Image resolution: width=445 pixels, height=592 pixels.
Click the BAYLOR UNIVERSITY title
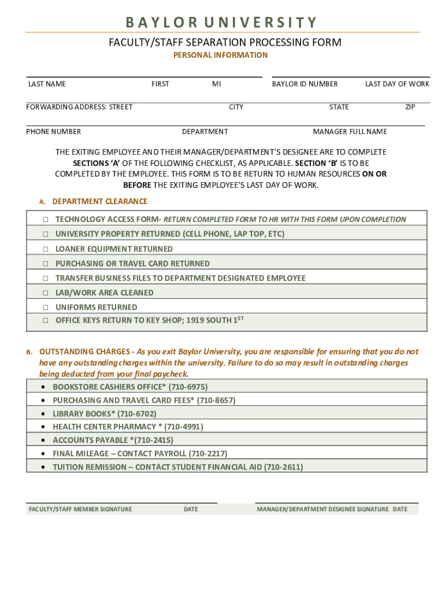tap(222, 23)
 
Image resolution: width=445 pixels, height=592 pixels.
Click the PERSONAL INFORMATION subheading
tap(221, 55)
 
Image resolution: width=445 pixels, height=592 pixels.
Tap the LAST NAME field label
tap(47, 84)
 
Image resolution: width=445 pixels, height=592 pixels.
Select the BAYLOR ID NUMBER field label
tap(305, 84)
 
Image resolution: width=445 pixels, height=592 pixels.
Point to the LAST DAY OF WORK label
tap(397, 84)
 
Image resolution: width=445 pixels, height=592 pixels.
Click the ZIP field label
tap(410, 107)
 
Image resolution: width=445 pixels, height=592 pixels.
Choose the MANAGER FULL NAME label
tap(350, 131)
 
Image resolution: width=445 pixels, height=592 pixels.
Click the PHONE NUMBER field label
tap(54, 131)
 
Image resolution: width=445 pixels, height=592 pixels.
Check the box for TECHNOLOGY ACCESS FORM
tap(44, 220)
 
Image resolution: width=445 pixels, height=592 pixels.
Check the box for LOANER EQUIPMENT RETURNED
tap(44, 249)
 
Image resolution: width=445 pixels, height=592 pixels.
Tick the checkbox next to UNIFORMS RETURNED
tap(44, 308)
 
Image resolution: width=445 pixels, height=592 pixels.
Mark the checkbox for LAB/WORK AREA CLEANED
tap(44, 293)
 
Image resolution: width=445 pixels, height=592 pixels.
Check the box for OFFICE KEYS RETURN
tap(44, 320)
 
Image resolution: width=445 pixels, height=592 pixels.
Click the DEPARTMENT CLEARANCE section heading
tap(99, 201)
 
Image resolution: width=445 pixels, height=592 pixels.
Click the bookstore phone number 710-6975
tap(187, 387)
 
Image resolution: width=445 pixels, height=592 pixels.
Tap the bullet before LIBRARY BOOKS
tap(44, 414)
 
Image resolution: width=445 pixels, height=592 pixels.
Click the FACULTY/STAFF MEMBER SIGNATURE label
tap(80, 509)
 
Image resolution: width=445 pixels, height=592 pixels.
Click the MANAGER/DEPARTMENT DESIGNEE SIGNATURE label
tap(322, 509)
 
